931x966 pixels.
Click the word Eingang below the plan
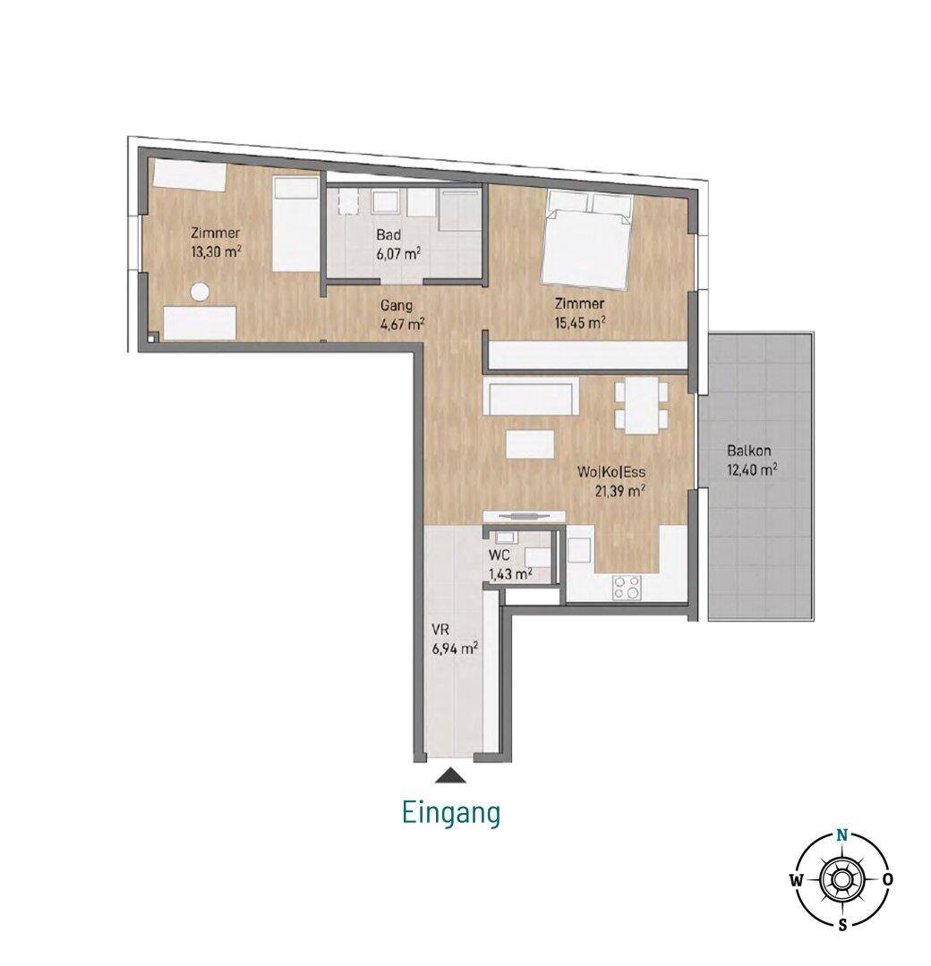pos(450,812)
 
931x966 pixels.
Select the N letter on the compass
pos(842,836)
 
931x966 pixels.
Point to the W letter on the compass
pos(797,880)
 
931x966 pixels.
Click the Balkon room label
pos(749,450)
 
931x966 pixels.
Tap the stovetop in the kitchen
pos(627,587)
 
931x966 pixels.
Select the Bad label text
pos(389,234)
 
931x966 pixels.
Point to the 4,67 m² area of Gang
pos(403,324)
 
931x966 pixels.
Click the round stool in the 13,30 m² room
pos(199,292)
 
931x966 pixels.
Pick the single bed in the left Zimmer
pos(296,225)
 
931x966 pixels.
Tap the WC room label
pos(499,555)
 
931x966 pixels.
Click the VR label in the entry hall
pos(440,631)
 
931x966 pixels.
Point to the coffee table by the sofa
pos(530,445)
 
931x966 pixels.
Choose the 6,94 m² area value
pos(456,648)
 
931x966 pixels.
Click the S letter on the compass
pos(842,923)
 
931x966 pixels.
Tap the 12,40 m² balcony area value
pos(752,470)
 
